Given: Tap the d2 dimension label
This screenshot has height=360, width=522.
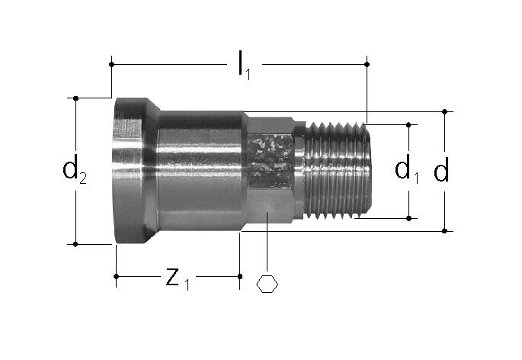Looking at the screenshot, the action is pos(75,169).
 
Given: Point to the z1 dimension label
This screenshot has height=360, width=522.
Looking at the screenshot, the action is pos(178,278).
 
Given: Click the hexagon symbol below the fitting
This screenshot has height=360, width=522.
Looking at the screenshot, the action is pos(267,284).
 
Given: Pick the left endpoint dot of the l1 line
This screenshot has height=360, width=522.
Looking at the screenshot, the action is pos(111,64).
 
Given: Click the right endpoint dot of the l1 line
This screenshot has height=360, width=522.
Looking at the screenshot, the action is pos(367,64).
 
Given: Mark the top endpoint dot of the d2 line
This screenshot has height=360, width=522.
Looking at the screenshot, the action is pos(75,98).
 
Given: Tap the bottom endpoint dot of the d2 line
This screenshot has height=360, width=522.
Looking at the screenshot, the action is pos(75,244).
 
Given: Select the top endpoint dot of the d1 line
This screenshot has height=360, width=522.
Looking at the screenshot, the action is pos(408,124).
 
